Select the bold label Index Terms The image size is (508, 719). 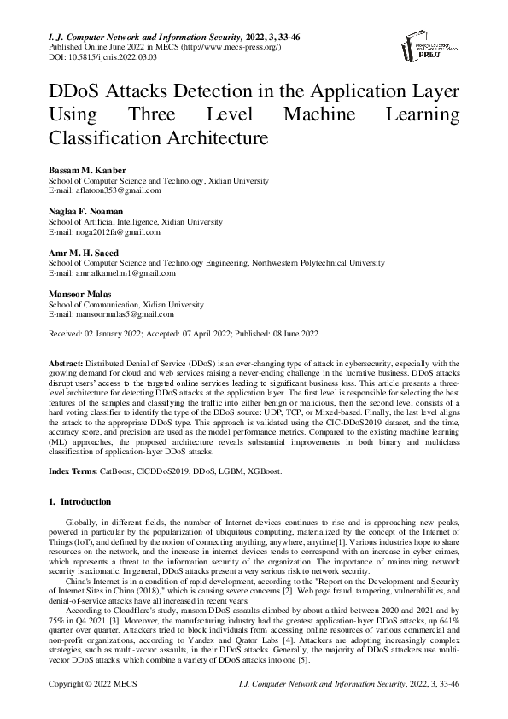73,471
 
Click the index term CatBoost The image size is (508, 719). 119,471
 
